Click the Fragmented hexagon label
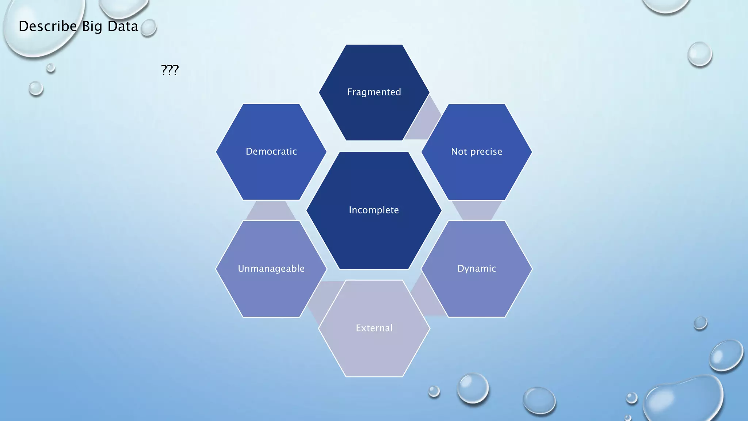[374, 92]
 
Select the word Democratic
[271, 151]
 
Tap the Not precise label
[477, 152]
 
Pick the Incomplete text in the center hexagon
[374, 210]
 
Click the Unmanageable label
[271, 269]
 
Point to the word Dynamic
[477, 269]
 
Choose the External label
[374, 328]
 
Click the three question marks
[170, 70]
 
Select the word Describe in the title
[47, 26]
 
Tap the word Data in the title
[123, 26]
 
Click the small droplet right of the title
[148, 28]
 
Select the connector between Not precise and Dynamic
[477, 210]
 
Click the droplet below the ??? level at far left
[36, 88]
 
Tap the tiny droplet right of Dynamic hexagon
[700, 323]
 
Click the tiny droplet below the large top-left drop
[51, 68]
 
